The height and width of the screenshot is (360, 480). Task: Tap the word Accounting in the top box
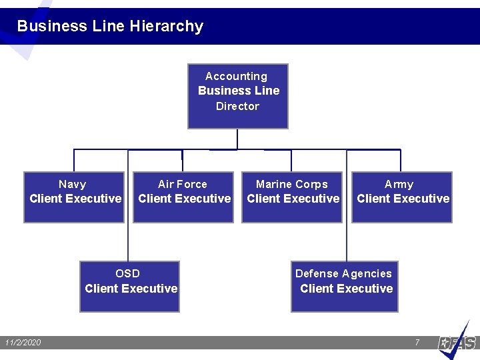[236, 77]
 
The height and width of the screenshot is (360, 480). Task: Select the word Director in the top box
[237, 106]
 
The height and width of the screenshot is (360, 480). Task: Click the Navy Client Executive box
[74, 197]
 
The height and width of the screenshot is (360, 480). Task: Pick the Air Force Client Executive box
[183, 197]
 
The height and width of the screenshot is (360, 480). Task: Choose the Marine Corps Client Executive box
[292, 197]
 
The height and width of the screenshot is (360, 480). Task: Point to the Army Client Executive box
[401, 197]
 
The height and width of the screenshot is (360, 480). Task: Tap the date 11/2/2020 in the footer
[23, 343]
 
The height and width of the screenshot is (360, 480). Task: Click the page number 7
[417, 343]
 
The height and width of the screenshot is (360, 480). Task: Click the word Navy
[72, 184]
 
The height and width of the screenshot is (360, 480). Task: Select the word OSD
[127, 273]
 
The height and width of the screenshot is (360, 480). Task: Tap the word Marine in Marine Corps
[273, 184]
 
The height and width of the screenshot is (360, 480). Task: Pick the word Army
[399, 184]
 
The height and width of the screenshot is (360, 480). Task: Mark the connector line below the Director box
[237, 139]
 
